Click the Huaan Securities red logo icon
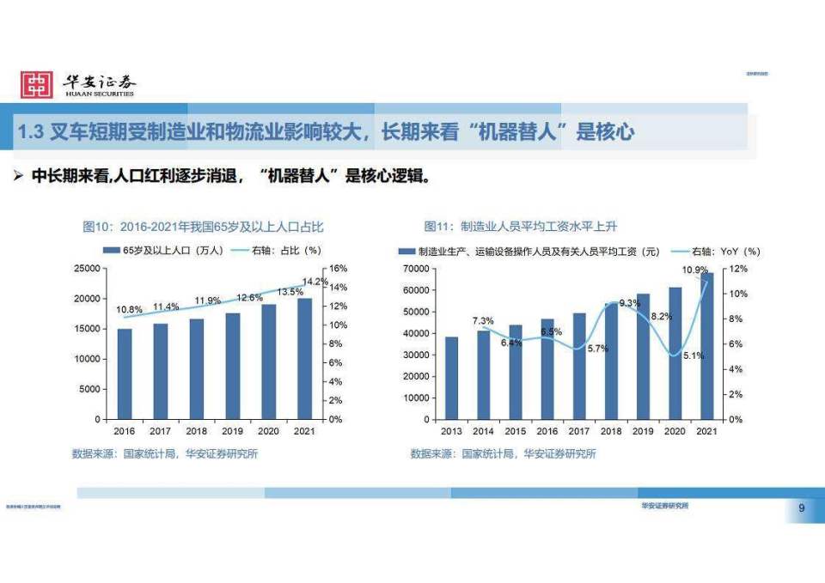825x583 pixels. click(x=37, y=84)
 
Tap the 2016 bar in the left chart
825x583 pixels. click(x=125, y=373)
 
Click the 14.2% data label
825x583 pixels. click(x=315, y=282)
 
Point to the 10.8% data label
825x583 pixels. click(x=129, y=309)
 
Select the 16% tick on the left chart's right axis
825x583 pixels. click(x=338, y=269)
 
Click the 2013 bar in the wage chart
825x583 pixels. click(x=451, y=378)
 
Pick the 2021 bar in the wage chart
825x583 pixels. click(x=706, y=347)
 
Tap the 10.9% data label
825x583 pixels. click(x=694, y=270)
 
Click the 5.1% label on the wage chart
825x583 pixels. click(x=692, y=355)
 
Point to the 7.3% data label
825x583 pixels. click(x=483, y=320)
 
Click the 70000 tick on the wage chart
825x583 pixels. click(x=415, y=269)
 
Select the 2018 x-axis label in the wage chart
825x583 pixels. click(x=611, y=430)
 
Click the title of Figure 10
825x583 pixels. click(x=203, y=227)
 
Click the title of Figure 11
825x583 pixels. click(x=521, y=227)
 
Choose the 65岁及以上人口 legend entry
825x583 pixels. click(x=163, y=252)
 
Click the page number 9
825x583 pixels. click(x=801, y=509)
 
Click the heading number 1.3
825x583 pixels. click(x=31, y=131)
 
